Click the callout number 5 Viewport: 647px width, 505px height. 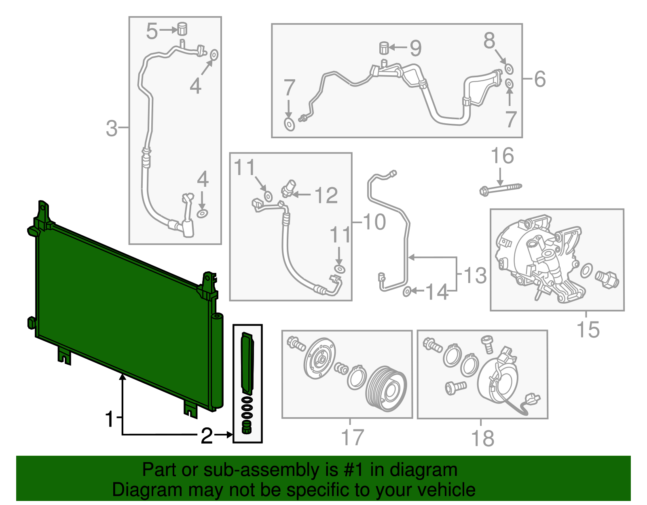pyautogui.click(x=152, y=31)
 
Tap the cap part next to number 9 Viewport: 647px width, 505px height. pyautogui.click(x=384, y=48)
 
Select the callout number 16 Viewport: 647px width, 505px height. pyautogui.click(x=502, y=156)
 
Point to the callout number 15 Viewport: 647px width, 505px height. pyautogui.click(x=588, y=330)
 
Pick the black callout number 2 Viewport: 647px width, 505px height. pyautogui.click(x=207, y=436)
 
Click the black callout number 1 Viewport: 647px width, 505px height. pyautogui.click(x=110, y=419)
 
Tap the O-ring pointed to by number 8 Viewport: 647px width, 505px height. pyautogui.click(x=509, y=69)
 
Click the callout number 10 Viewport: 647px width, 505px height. pyautogui.click(x=374, y=222)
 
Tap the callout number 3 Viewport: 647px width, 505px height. pyautogui.click(x=111, y=129)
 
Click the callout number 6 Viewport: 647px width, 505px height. pyautogui.click(x=540, y=79)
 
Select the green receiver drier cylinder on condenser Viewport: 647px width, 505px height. pyautogui.click(x=217, y=360)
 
